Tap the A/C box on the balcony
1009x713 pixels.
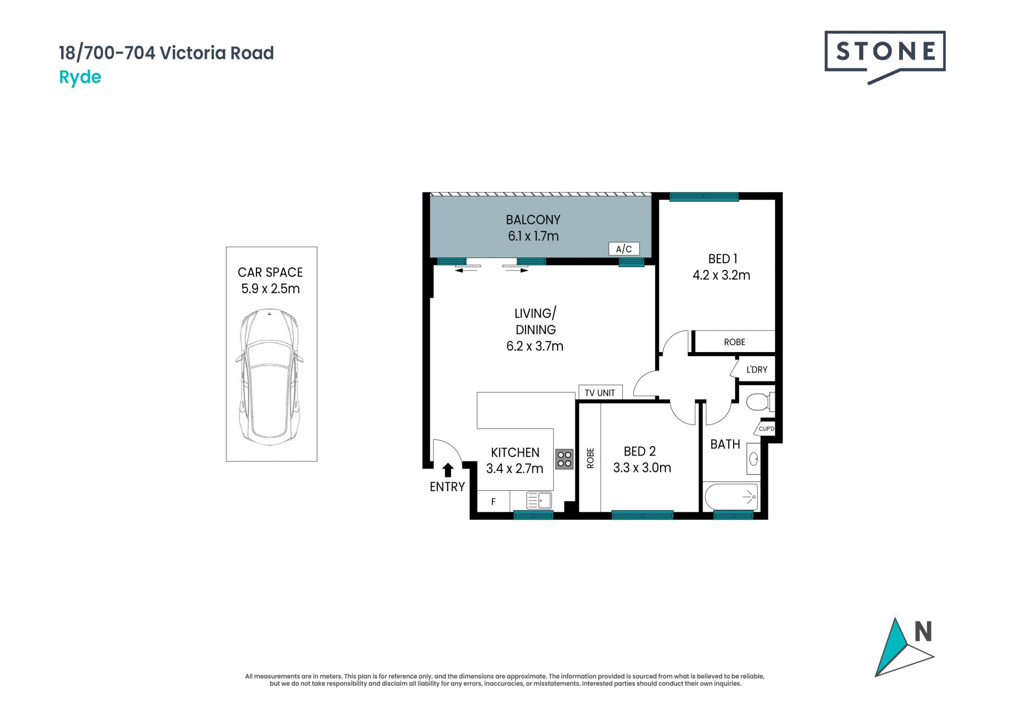click(x=624, y=249)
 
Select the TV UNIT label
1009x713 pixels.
click(x=600, y=392)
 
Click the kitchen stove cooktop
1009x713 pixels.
click(x=564, y=459)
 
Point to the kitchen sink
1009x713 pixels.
click(x=539, y=500)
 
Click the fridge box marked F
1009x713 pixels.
click(x=493, y=501)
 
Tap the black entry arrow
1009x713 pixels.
click(x=448, y=470)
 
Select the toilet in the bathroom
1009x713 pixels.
click(x=760, y=402)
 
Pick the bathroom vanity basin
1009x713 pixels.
click(x=754, y=459)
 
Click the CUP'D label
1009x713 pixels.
click(x=766, y=429)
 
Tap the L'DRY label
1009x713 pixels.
click(x=757, y=369)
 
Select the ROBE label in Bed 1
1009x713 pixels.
click(x=735, y=342)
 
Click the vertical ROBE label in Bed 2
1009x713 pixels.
click(x=590, y=458)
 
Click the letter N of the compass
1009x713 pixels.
click(x=923, y=632)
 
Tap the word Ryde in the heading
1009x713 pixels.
click(x=80, y=77)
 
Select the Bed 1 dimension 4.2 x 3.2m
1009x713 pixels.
click(x=721, y=275)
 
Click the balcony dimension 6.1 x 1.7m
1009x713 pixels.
click(x=533, y=236)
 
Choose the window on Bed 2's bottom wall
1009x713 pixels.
click(x=642, y=515)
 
